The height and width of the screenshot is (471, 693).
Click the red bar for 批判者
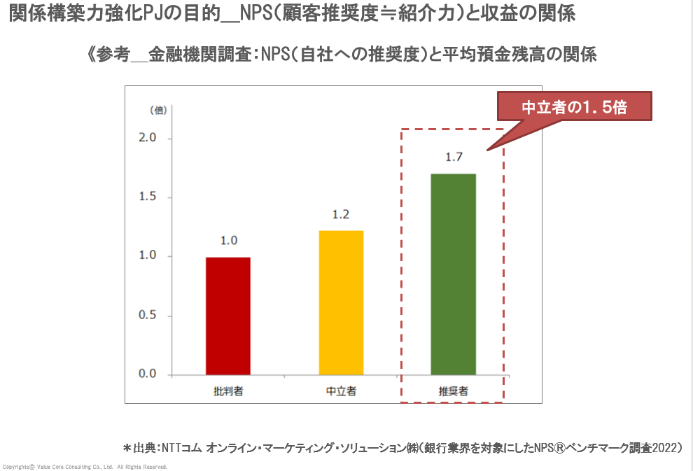(228, 316)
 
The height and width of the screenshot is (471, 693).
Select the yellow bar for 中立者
(341, 302)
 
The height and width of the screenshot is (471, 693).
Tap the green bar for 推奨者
(454, 274)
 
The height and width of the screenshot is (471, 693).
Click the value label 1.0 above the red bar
(229, 241)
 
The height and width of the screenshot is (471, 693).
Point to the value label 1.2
(341, 215)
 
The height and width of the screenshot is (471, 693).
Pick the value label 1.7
(454, 157)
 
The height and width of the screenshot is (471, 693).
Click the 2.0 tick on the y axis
(146, 139)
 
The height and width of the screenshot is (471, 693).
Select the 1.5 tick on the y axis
(146, 197)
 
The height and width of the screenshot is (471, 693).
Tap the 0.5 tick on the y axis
(146, 316)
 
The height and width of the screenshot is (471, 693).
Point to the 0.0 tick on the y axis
(146, 374)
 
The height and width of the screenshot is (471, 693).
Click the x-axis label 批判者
(228, 391)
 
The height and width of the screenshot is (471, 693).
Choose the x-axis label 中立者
(341, 391)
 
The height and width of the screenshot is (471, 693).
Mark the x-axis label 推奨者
(454, 391)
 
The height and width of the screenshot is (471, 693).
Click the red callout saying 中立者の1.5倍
(574, 108)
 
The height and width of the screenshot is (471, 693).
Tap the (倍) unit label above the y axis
(157, 111)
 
